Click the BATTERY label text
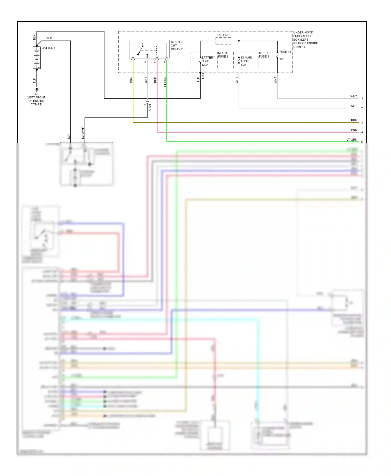tap(48, 48)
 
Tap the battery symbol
tap(37, 58)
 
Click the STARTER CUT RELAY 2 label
tap(178, 46)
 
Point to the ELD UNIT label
tap(223, 35)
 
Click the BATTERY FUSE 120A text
tap(208, 61)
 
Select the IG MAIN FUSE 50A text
tap(246, 61)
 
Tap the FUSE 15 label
tap(285, 52)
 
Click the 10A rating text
tap(282, 59)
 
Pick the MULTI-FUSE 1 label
tap(223, 55)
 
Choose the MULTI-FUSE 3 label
tap(264, 55)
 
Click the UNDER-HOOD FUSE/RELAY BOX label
tap(305, 40)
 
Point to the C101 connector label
tap(150, 107)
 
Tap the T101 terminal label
tap(203, 76)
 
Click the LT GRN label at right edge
tap(352, 140)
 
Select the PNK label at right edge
tap(354, 130)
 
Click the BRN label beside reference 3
tap(354, 120)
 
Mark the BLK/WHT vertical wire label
tap(83, 133)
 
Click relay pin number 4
tap(164, 62)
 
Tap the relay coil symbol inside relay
tap(157, 50)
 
